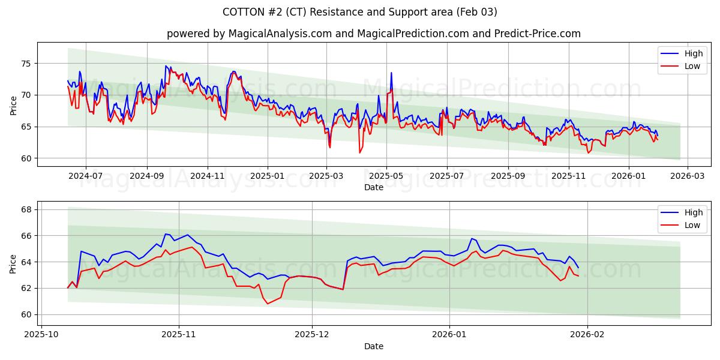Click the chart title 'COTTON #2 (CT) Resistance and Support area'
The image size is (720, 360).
pyautogui.click(x=359, y=12)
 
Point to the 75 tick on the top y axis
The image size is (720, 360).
pyautogui.click(x=26, y=64)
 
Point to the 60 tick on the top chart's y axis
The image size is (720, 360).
pyautogui.click(x=26, y=158)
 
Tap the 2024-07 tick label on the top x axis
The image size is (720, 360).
pyautogui.click(x=85, y=176)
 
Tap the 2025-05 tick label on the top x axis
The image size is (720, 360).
pyautogui.click(x=386, y=176)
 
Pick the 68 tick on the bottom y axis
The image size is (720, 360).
pyautogui.click(x=26, y=209)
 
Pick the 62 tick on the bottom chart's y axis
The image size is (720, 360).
pyautogui.click(x=26, y=288)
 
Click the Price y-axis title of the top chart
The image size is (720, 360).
pyautogui.click(x=13, y=104)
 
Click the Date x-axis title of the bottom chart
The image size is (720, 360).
pyautogui.click(x=373, y=346)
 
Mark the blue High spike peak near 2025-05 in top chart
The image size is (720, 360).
pyautogui.click(x=391, y=73)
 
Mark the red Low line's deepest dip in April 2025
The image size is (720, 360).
pyautogui.click(x=360, y=152)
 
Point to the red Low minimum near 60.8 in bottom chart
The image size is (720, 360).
pyautogui.click(x=268, y=304)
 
